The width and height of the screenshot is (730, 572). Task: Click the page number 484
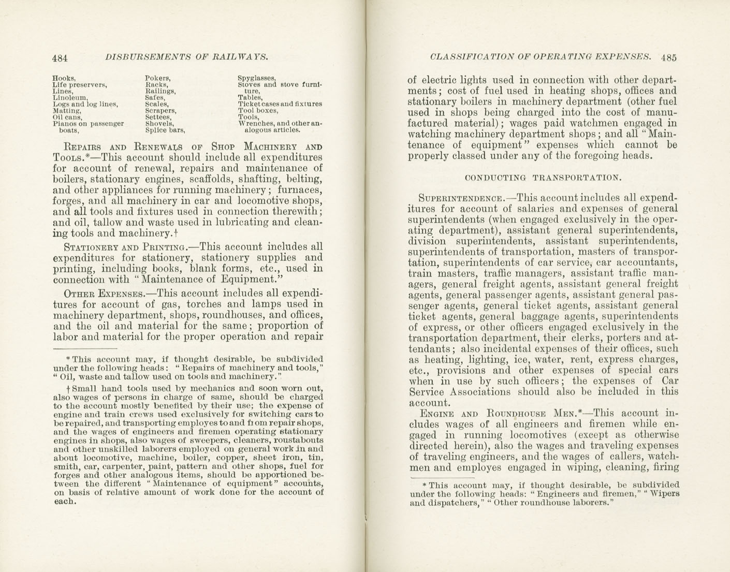60,58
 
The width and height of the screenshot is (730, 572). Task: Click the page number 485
668,57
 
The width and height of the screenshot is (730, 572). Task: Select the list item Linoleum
70,97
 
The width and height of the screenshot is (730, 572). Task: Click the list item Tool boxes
258,111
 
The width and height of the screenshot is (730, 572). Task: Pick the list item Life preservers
79,84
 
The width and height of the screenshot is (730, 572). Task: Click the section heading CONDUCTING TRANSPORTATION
543,178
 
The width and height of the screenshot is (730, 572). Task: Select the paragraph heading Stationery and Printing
124,247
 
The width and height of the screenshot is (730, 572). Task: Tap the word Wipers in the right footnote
665,494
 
